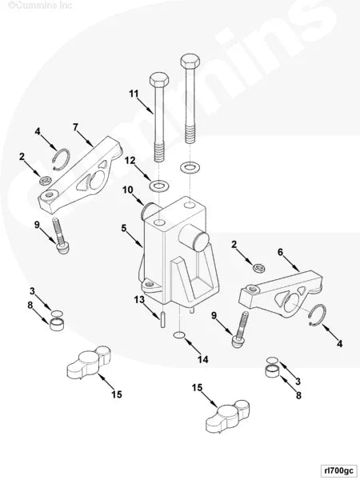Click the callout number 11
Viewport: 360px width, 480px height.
[134, 95]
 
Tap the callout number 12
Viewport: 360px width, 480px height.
[129, 161]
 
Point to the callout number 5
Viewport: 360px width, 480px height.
[124, 228]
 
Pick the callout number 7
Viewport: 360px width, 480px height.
[75, 127]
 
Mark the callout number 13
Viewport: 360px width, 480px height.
[139, 299]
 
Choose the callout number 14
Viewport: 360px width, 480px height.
[203, 359]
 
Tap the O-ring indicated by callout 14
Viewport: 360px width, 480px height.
[181, 334]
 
